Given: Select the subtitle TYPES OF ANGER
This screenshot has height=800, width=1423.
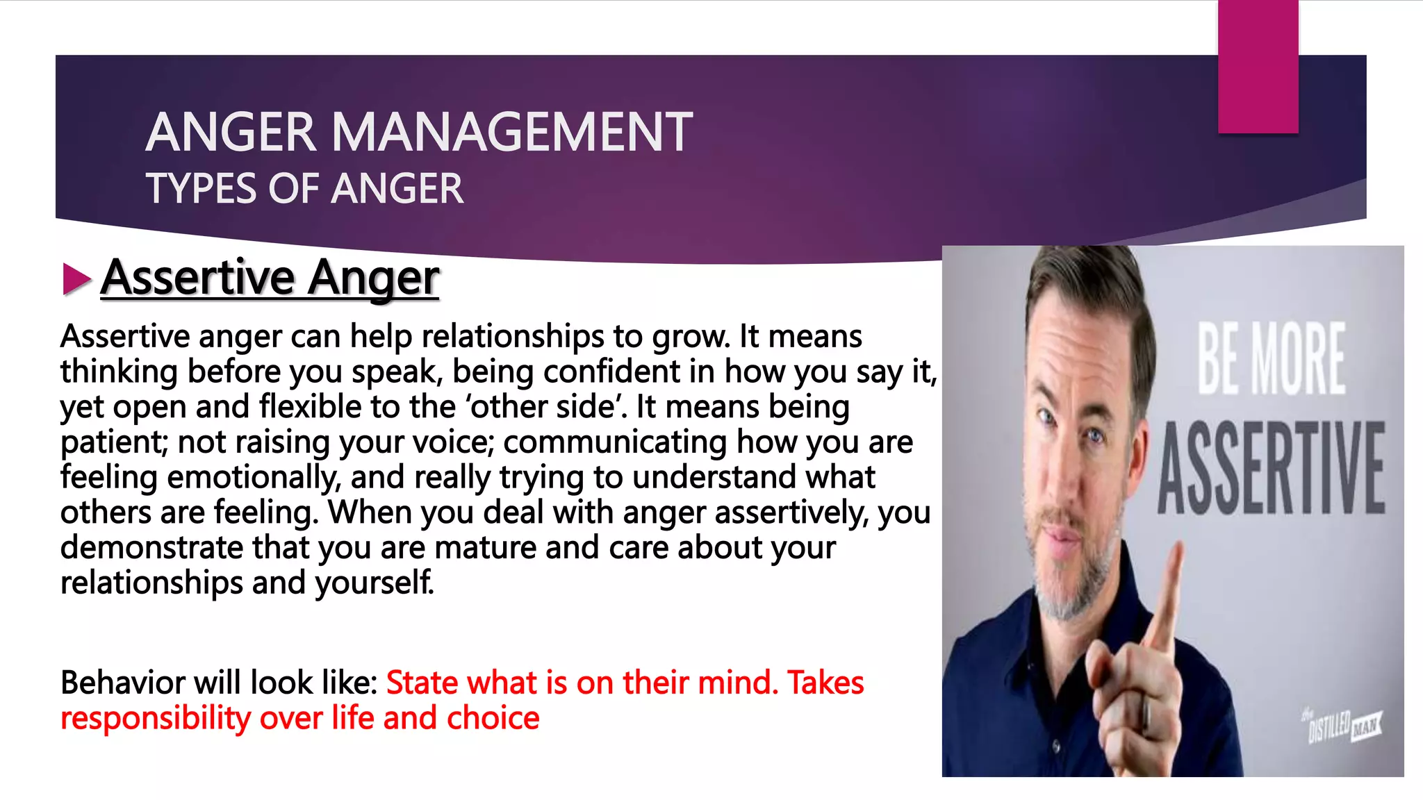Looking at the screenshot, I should coord(304,189).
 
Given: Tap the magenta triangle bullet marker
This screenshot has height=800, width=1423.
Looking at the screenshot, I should coord(76,279).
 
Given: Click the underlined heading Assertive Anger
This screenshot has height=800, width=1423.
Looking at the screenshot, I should coord(270,278).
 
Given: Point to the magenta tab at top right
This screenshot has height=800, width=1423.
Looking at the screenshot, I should coord(1258,66).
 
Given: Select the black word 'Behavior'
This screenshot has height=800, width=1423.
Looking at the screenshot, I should coord(122,683).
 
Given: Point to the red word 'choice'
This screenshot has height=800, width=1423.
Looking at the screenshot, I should coord(493,718).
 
